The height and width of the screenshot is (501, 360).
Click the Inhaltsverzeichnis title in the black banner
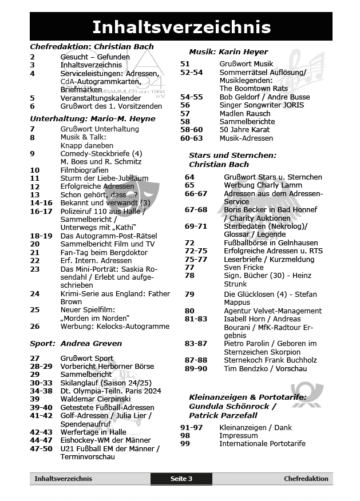pyautogui.click(x=181, y=27)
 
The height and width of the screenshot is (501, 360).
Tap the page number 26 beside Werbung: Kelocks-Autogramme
pyautogui.click(x=35, y=326)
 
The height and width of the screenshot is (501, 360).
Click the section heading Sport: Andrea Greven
pyautogui.click(x=76, y=344)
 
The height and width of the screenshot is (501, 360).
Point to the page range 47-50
pyautogui.click(x=41, y=448)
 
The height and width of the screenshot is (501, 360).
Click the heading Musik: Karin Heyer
pyautogui.click(x=228, y=51)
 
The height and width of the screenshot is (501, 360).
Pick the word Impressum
pyautogui.click(x=239, y=435)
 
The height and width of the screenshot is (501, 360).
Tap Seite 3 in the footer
pyautogui.click(x=181, y=479)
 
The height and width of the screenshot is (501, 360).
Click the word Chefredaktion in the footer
pyautogui.click(x=306, y=479)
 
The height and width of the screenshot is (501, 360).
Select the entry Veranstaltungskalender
pyautogui.click(x=101, y=98)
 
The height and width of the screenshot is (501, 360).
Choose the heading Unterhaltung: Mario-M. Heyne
pyautogui.click(x=92, y=119)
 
